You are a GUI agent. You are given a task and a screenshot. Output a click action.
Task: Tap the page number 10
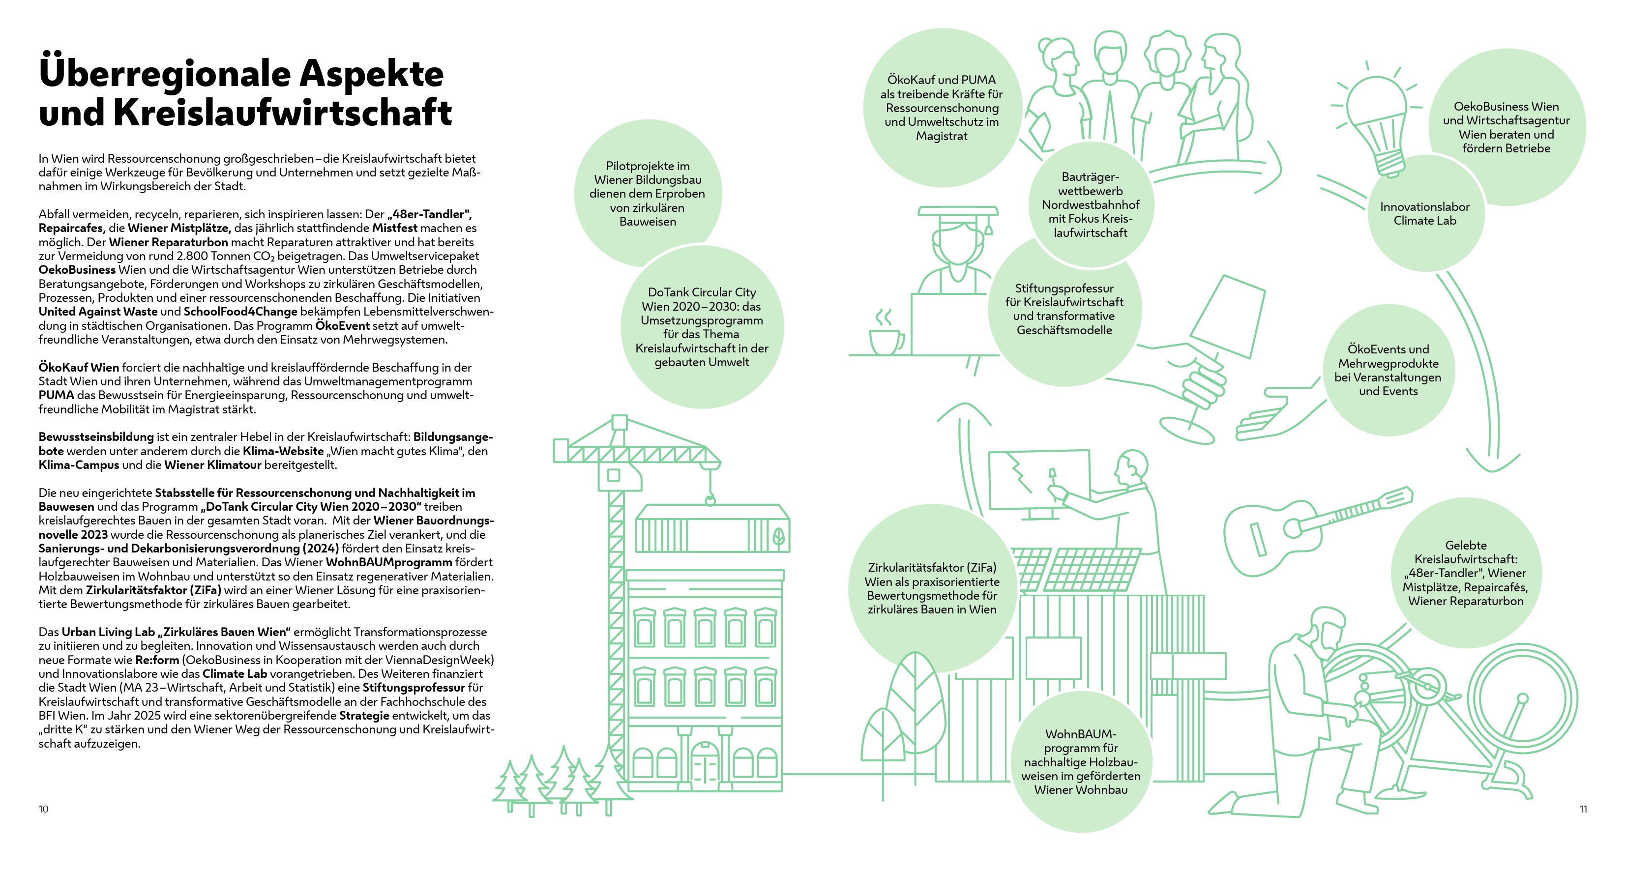pos(44,809)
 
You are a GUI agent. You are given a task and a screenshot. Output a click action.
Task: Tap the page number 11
pos(1583,809)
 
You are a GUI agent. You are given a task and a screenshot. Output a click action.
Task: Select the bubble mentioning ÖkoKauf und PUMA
pos(941,107)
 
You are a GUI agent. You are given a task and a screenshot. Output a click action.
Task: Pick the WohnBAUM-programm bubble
pos(1081,762)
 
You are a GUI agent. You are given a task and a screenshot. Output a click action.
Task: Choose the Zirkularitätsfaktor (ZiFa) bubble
pos(932,588)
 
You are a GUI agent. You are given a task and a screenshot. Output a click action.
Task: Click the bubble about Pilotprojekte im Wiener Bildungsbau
pos(647,193)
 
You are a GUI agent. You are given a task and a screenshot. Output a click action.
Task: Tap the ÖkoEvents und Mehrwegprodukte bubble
pos(1388,370)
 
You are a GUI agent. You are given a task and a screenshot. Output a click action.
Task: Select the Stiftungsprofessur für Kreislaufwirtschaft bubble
pos(1064,309)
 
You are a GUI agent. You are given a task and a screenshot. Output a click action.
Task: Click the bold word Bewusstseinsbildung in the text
pos(96,437)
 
